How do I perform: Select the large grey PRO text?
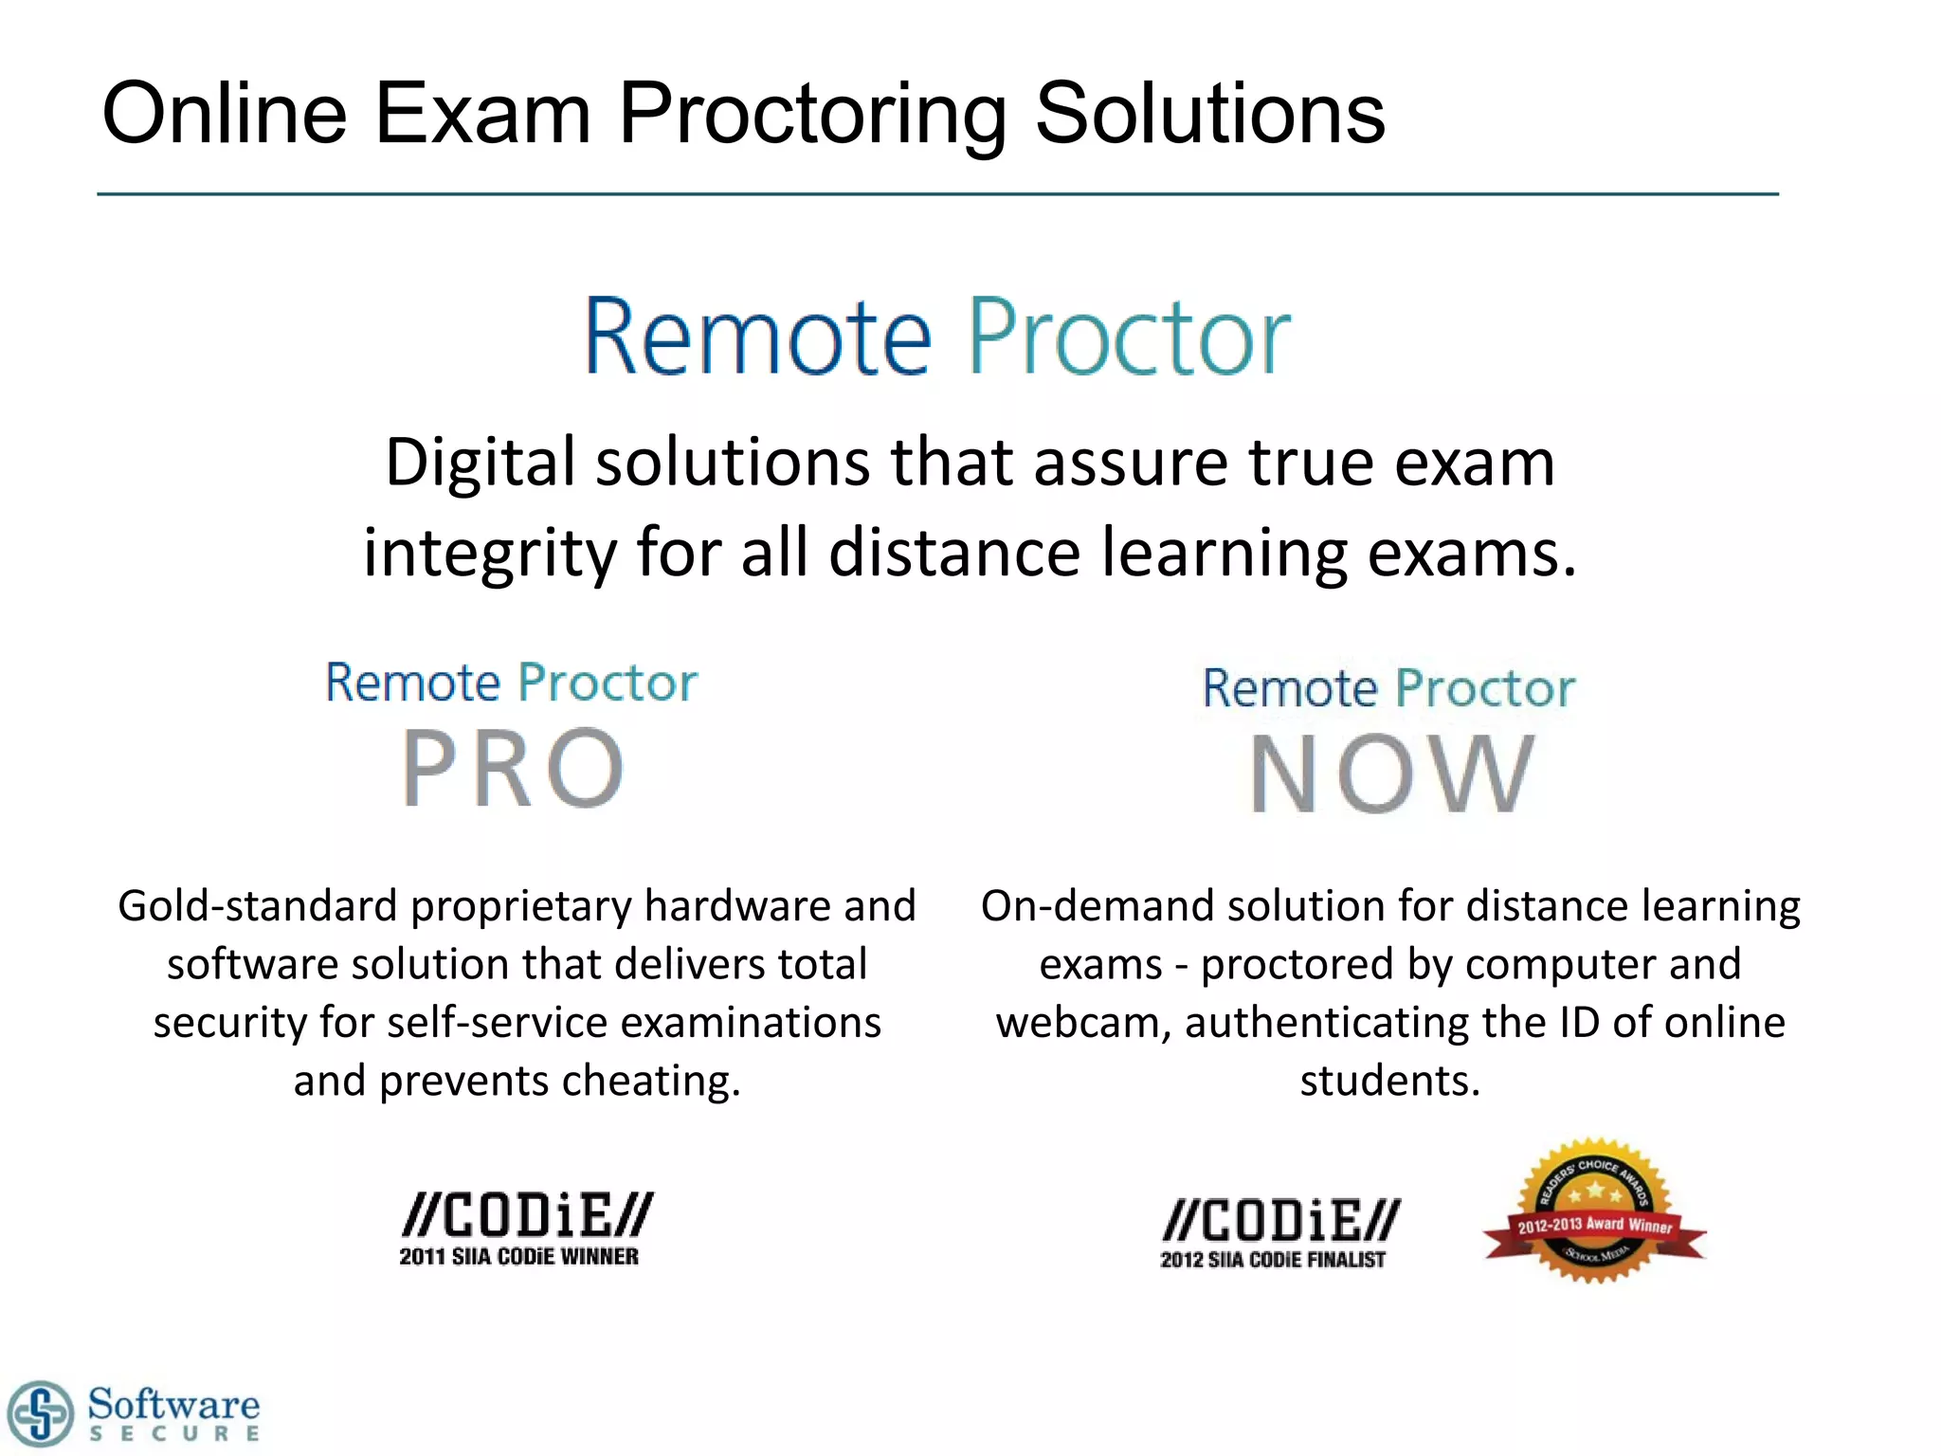tap(513, 768)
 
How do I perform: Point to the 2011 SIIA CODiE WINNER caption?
tap(518, 1257)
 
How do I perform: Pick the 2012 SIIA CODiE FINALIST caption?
tap(1273, 1260)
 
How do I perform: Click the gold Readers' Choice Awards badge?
tap(1595, 1210)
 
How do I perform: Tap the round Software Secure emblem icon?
tap(39, 1413)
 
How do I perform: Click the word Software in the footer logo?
tap(173, 1403)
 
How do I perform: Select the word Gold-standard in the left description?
tap(258, 906)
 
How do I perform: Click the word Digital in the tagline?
tap(480, 463)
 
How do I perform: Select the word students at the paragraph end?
tap(1389, 1081)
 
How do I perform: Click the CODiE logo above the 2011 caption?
tap(527, 1216)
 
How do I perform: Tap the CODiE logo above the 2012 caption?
tap(1281, 1221)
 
